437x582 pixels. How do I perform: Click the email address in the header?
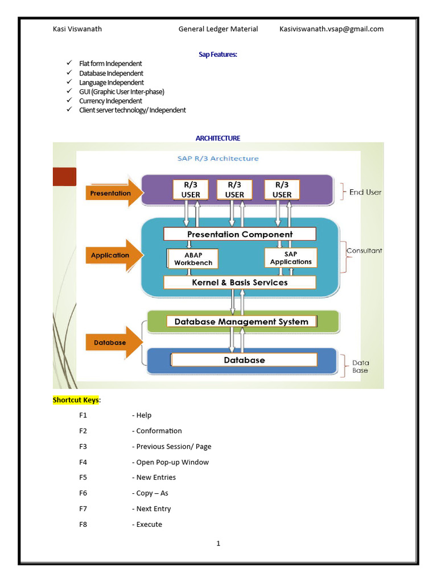coord(331,29)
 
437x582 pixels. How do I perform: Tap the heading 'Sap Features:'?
coord(218,54)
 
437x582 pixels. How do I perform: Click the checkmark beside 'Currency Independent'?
coord(69,101)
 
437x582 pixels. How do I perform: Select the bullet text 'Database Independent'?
coord(111,73)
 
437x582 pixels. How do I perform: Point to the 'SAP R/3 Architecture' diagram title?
coord(218,159)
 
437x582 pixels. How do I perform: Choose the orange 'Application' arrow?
coord(114,255)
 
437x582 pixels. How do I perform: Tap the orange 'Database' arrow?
coord(114,343)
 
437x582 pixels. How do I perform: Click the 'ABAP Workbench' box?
coord(193,259)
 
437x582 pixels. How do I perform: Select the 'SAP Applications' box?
coord(291,258)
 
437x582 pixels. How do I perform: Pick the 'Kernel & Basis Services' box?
coord(240,282)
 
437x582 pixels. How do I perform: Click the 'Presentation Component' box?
coord(240,234)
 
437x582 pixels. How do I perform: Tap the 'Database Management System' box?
coord(241,322)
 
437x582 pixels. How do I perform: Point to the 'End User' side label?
coord(365,192)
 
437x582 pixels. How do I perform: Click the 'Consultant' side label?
coord(364,251)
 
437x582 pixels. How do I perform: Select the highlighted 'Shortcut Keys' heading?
coord(76,400)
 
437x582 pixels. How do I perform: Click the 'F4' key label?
coord(83,462)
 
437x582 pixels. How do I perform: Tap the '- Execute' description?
coord(147,525)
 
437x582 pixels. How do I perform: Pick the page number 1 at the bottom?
coord(218,544)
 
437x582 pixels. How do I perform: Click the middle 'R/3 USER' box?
coord(234,190)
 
